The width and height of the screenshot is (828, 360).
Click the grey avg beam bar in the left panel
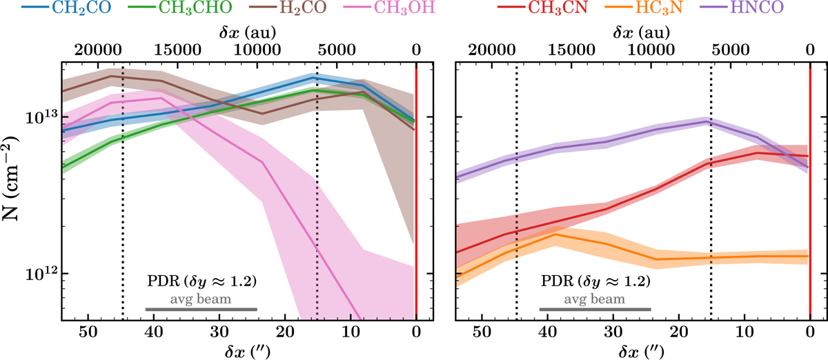pos(201,310)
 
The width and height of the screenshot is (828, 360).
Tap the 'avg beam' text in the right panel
pos(595,299)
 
